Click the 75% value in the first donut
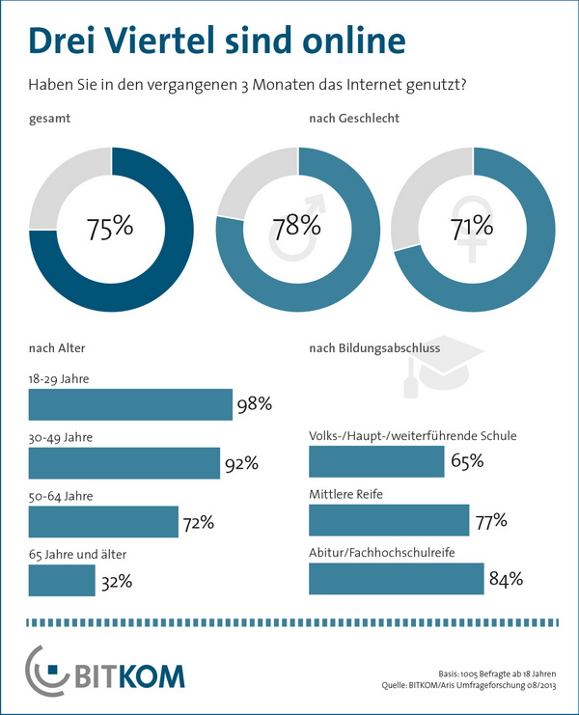tap(110, 230)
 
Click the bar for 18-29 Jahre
tap(130, 405)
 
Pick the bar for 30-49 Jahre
tap(124, 463)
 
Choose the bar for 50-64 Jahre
tap(103, 522)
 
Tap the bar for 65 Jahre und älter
tap(62, 580)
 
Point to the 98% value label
tap(254, 406)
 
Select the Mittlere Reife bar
tap(388, 520)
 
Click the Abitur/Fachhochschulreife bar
tap(396, 578)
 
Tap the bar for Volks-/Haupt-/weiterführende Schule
tap(376, 462)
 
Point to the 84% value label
tap(505, 579)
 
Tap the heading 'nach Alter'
tap(57, 348)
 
